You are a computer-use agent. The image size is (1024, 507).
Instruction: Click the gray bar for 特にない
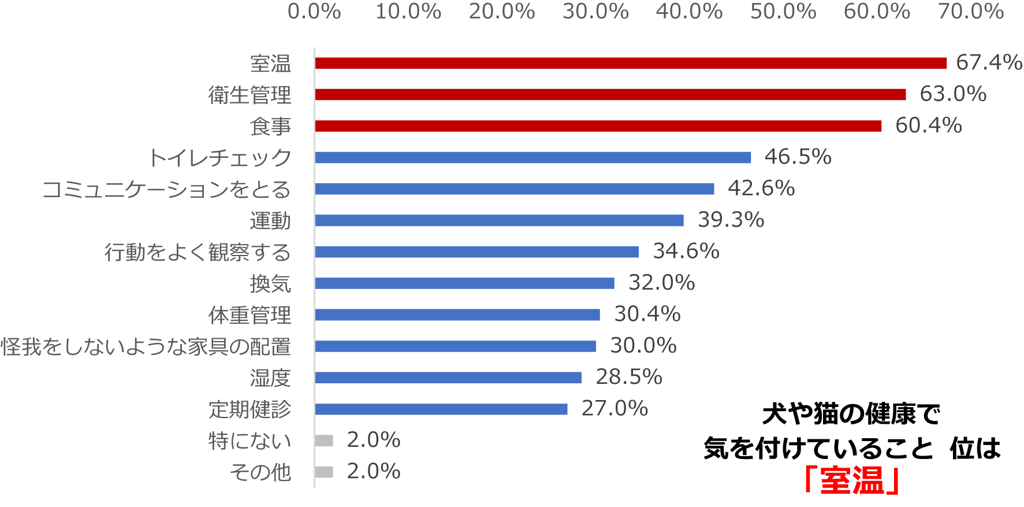[x=324, y=441]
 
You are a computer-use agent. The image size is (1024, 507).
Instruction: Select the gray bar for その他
[x=324, y=472]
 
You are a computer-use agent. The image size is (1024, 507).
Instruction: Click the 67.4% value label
[x=989, y=62]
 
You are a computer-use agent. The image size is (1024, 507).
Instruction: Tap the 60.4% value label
[x=928, y=125]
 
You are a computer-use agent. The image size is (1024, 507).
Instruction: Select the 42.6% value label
[x=761, y=188]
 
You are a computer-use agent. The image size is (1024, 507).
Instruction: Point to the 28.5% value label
[x=628, y=377]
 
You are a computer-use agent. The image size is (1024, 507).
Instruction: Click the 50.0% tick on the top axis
[x=783, y=12]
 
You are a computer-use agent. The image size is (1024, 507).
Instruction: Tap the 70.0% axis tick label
[x=970, y=12]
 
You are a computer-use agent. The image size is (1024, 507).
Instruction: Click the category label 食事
[x=270, y=126]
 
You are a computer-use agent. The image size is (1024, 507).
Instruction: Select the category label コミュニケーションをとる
[x=166, y=189]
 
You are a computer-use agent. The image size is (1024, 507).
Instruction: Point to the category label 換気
[x=270, y=283]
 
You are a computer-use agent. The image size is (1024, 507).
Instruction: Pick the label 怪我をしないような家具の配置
[x=146, y=346]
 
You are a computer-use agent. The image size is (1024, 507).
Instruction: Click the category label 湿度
[x=270, y=378]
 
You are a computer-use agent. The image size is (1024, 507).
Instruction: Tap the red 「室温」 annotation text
[x=852, y=480]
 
